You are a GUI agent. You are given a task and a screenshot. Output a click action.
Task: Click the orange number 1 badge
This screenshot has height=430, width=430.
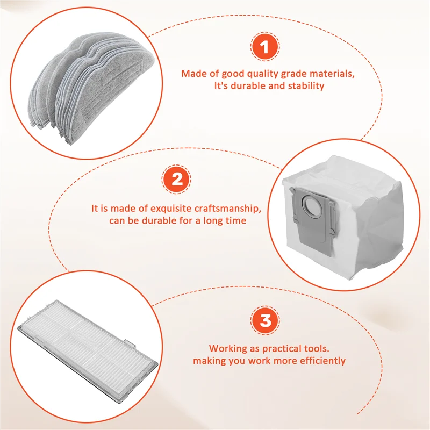click(263, 48)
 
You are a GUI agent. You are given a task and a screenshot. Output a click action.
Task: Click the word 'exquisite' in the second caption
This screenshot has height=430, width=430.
click(177, 209)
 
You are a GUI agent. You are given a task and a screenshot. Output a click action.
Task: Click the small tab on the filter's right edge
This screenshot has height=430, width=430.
click(129, 342)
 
